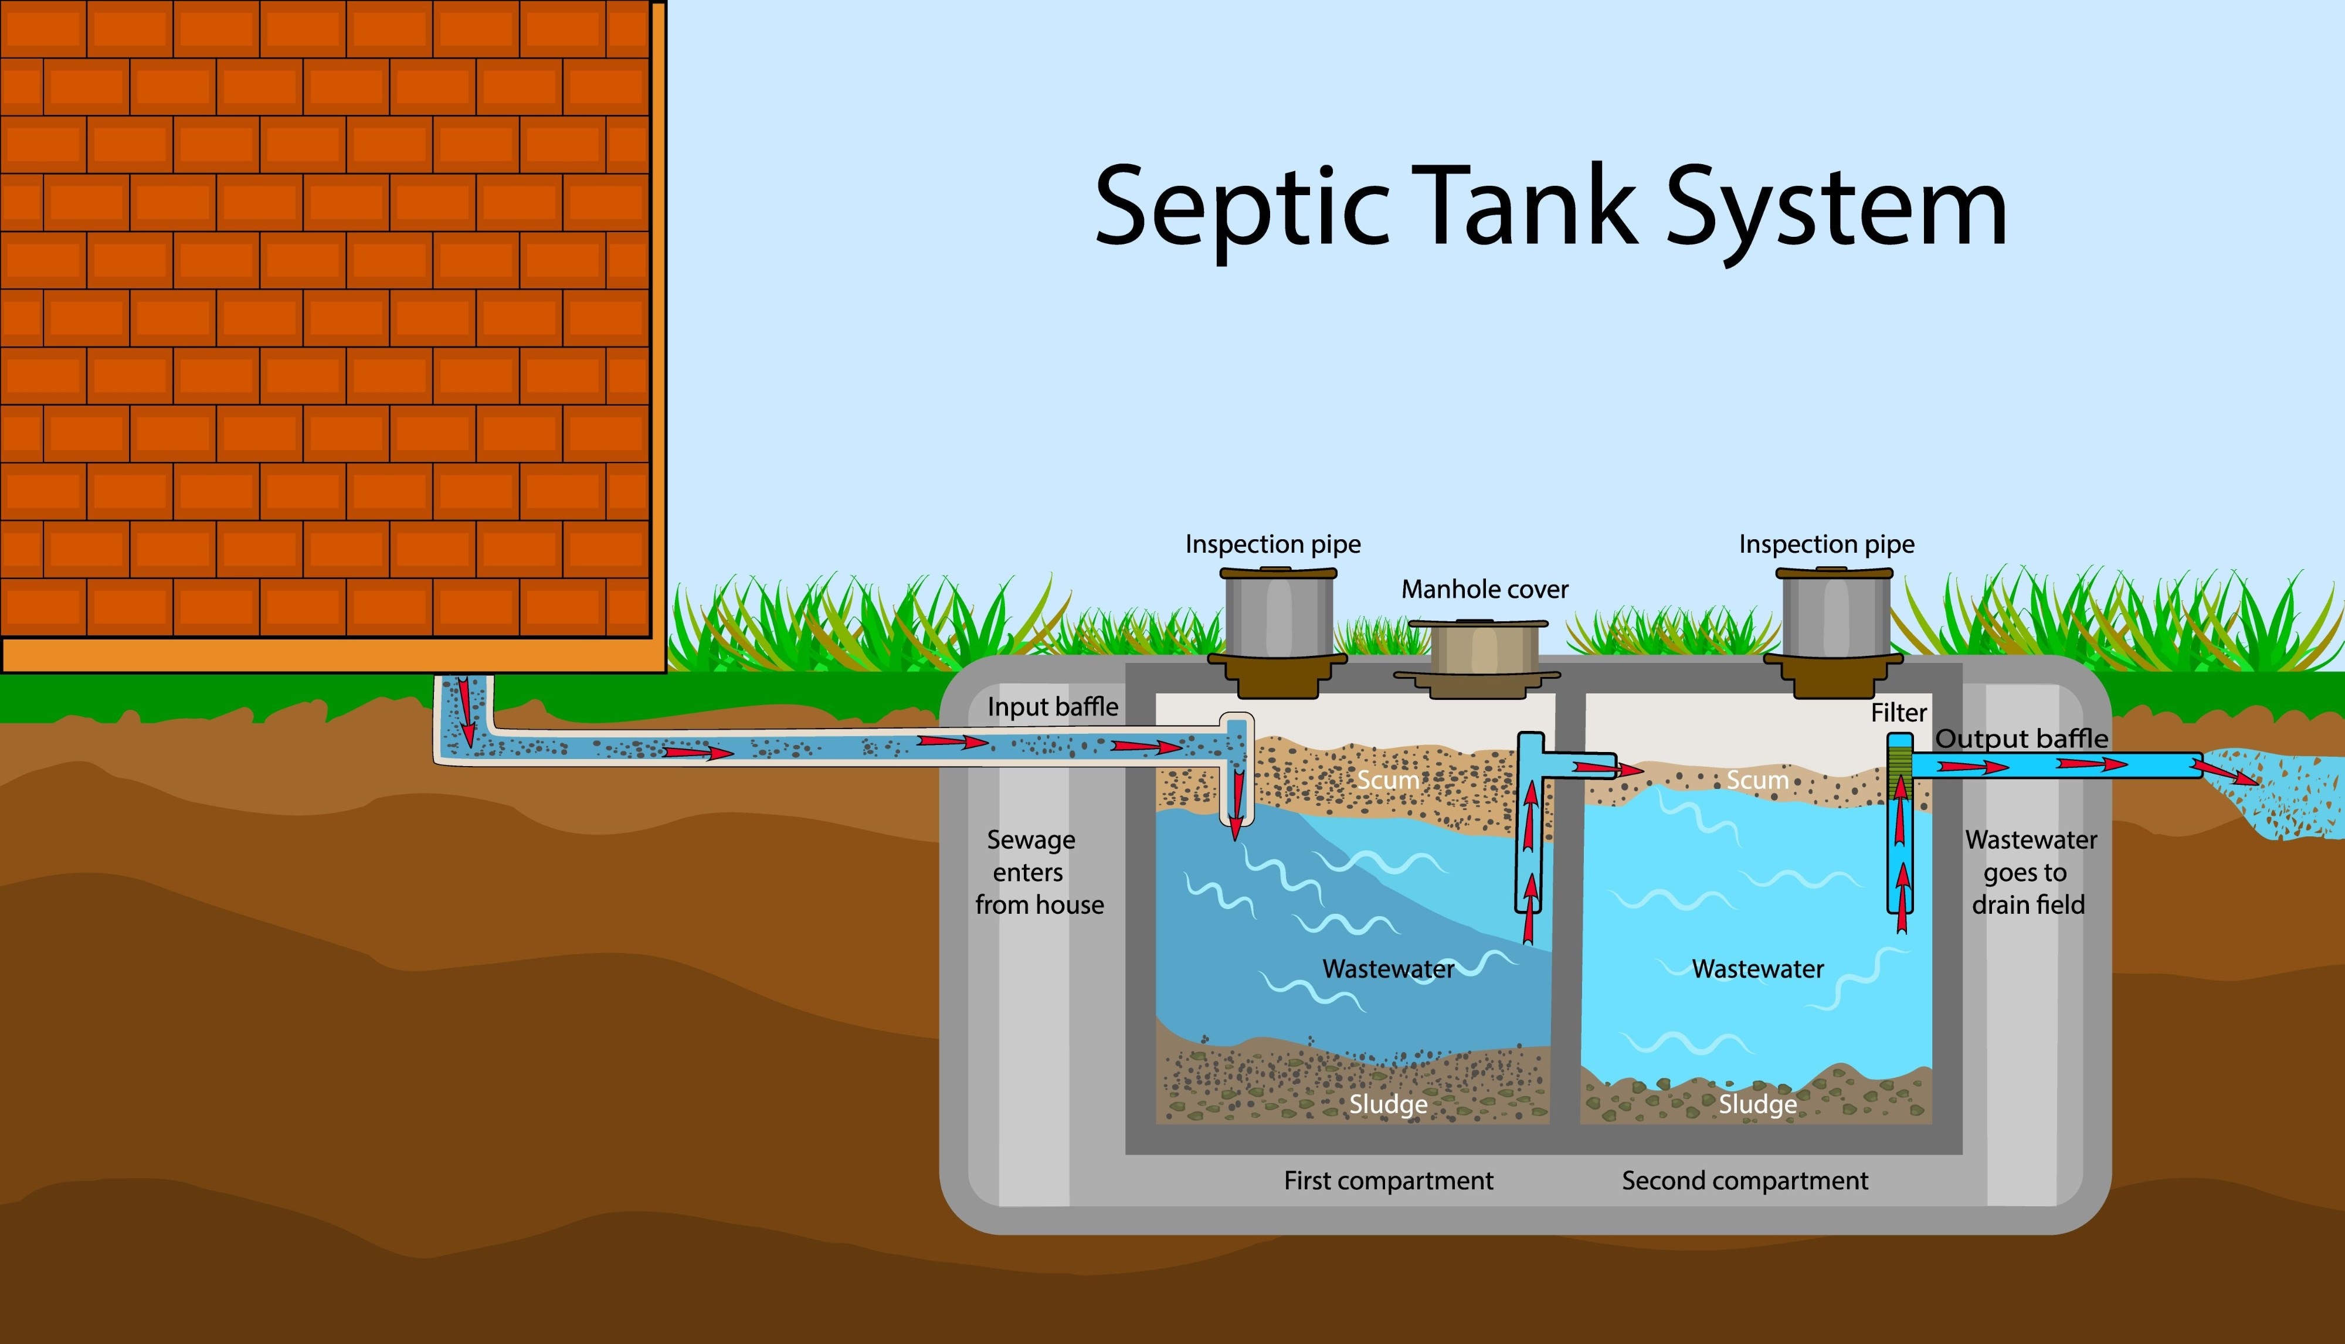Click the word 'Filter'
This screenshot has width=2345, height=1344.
click(1898, 713)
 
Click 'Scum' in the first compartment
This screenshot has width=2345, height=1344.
click(1387, 780)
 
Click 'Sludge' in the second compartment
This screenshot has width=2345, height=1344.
click(1757, 1104)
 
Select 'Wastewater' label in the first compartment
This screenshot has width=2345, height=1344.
click(1387, 969)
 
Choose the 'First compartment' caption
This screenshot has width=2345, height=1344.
click(1387, 1180)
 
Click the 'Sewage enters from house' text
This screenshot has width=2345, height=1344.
click(1038, 872)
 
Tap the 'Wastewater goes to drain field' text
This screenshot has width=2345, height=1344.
click(2030, 872)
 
